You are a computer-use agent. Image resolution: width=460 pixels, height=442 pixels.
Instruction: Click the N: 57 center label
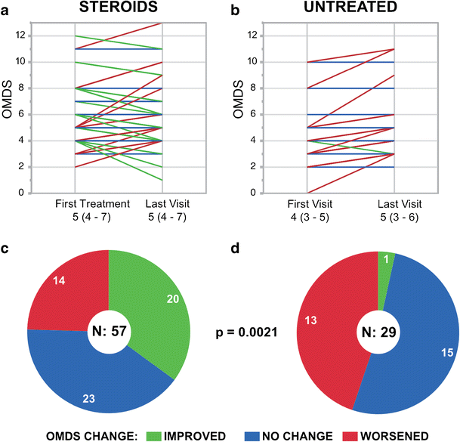pos(109,329)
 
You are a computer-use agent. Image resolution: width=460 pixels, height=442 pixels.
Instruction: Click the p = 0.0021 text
pos(248,330)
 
